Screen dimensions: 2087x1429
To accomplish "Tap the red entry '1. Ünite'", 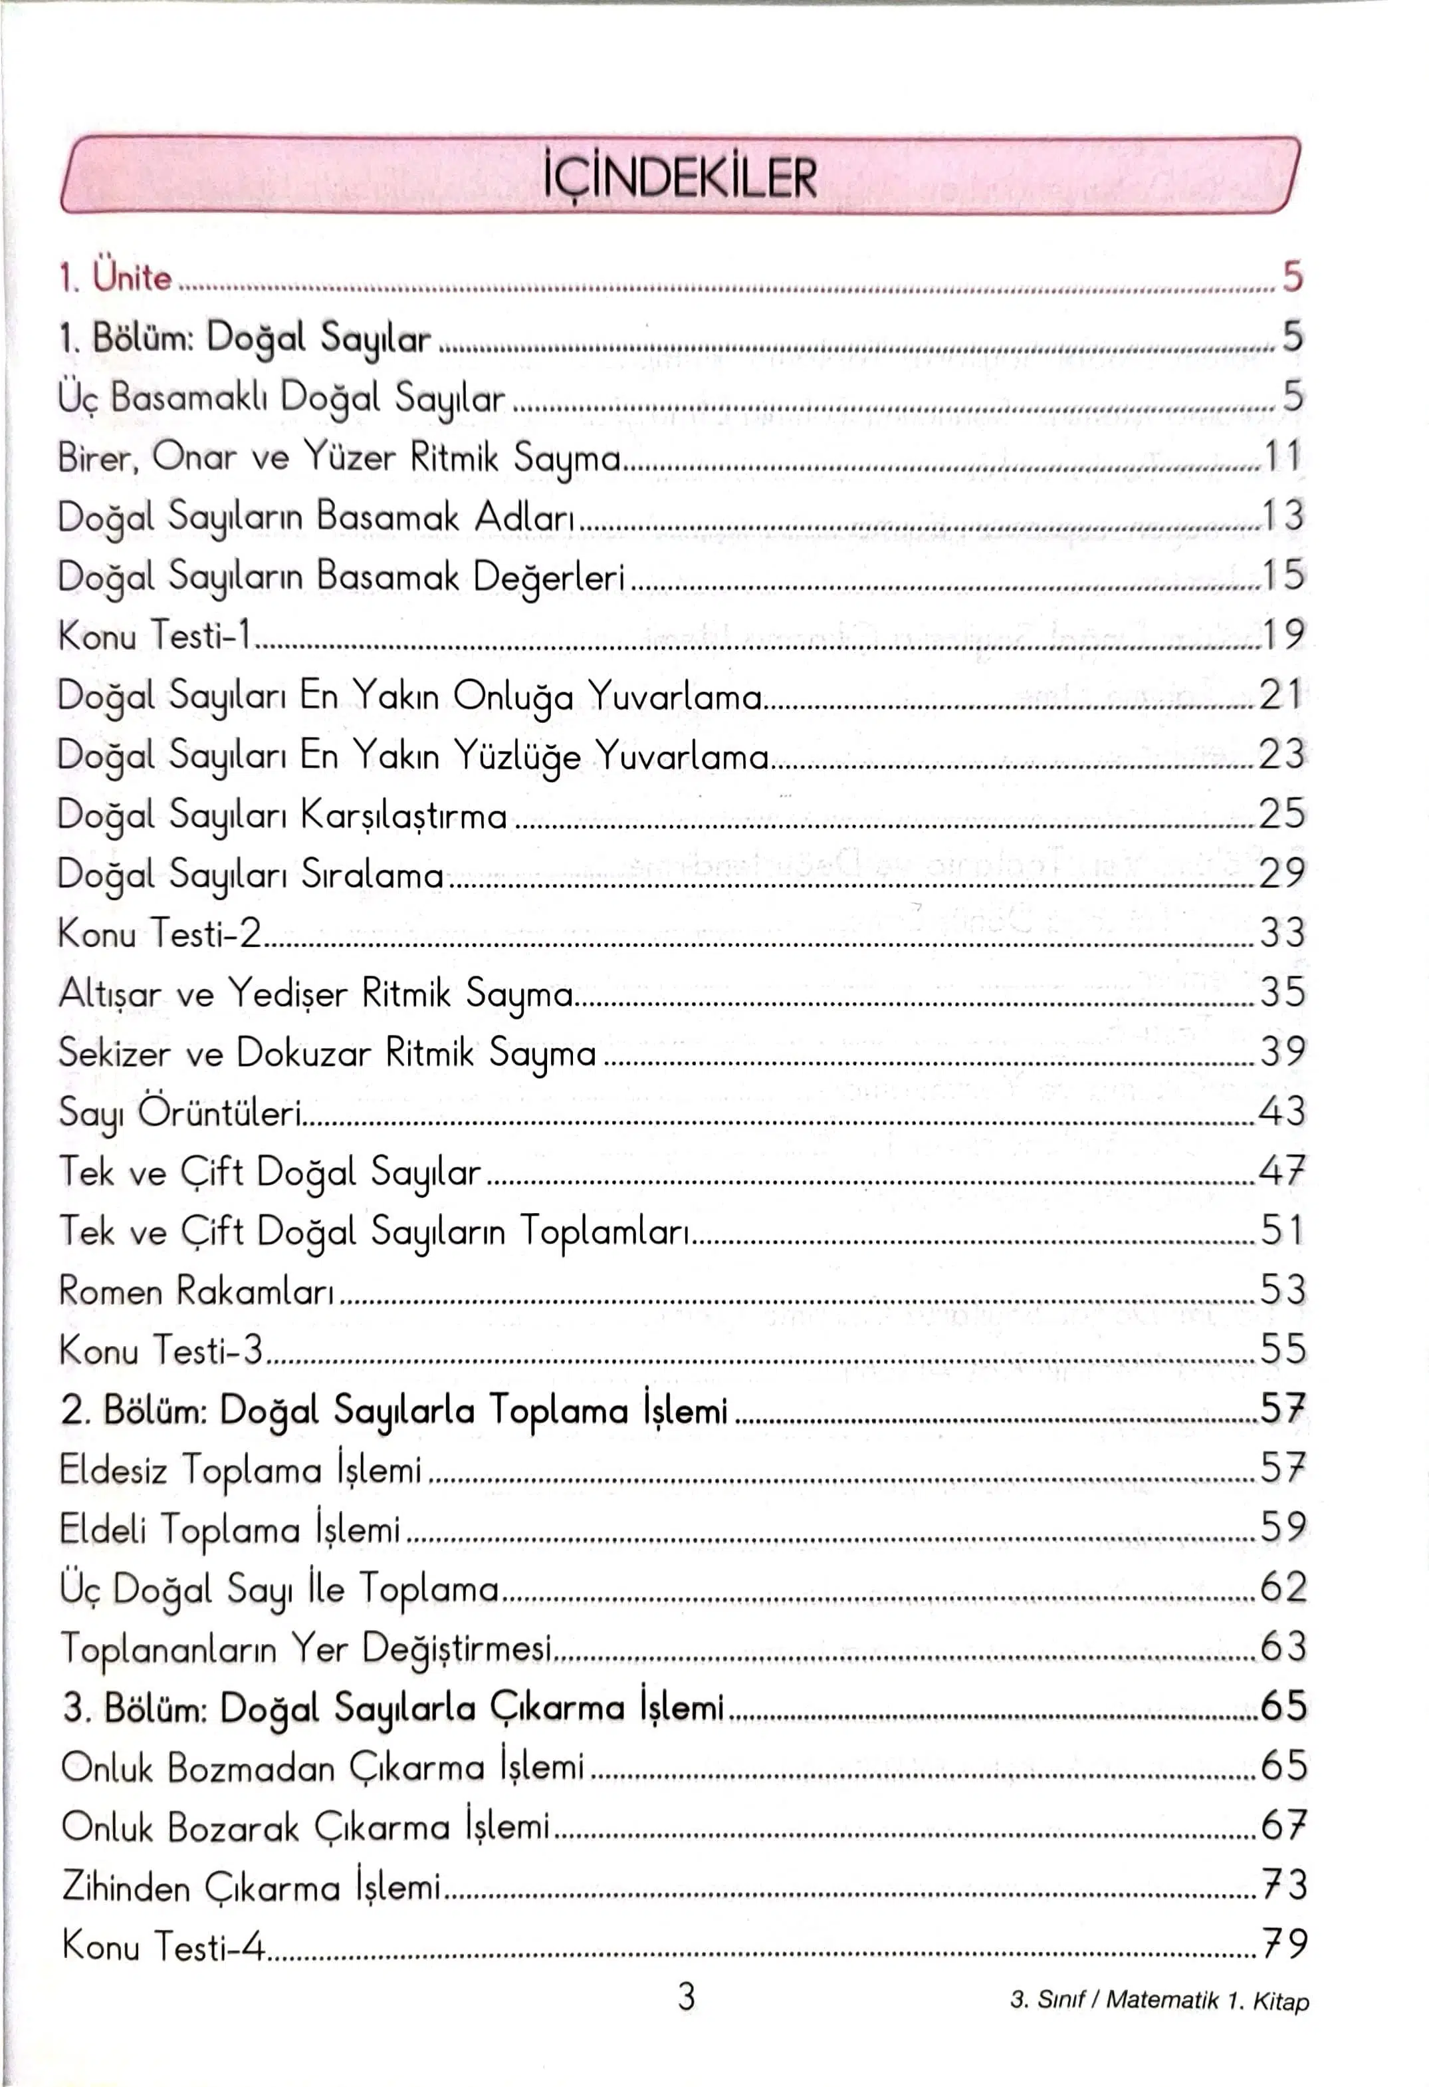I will tap(115, 277).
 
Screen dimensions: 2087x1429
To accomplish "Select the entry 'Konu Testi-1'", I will tap(154, 635).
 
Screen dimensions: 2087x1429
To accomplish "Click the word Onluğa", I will tap(512, 696).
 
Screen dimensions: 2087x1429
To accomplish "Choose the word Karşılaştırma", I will tap(403, 815).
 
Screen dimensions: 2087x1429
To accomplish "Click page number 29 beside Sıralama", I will tap(1282, 873).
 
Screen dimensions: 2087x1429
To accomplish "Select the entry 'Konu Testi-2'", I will tap(160, 933).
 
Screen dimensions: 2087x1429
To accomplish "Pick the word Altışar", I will tap(110, 993).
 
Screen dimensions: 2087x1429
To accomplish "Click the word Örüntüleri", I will tap(220, 1112).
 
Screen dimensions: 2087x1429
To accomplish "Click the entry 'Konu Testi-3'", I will tap(161, 1349).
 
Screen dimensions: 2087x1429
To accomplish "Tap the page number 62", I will tap(1283, 1588).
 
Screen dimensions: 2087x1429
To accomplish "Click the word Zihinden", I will tap(126, 1886).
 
